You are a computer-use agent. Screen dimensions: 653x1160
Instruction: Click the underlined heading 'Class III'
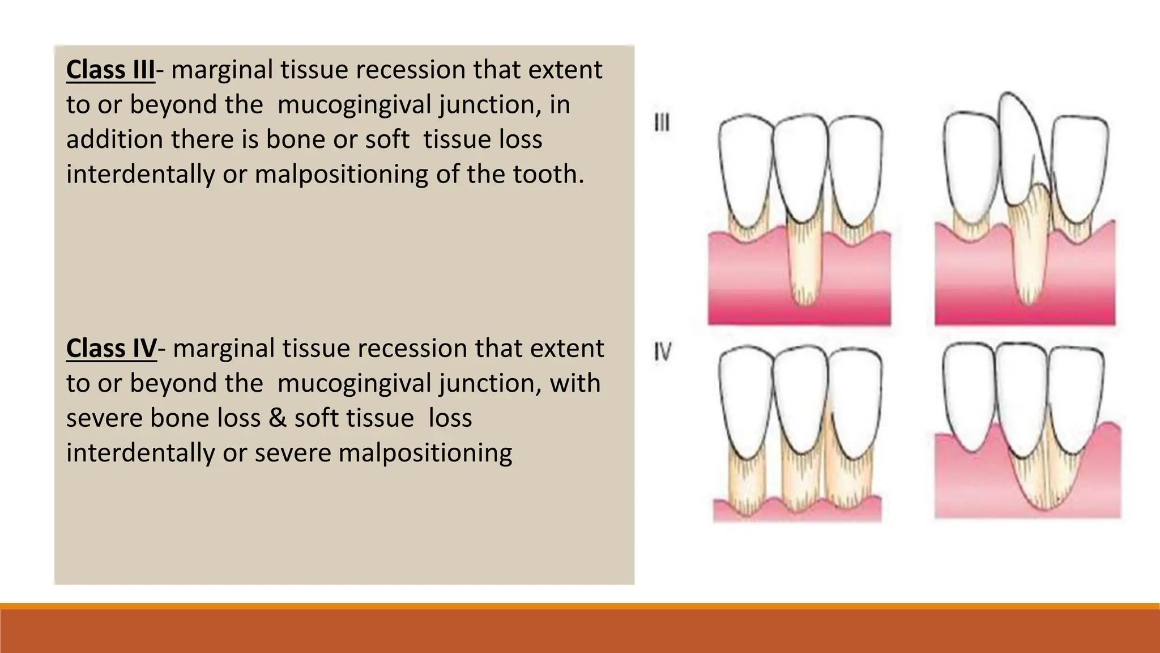click(x=110, y=70)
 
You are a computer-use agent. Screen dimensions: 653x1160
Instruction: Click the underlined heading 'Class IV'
click(x=111, y=349)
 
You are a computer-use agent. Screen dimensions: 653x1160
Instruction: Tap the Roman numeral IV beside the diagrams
click(x=663, y=353)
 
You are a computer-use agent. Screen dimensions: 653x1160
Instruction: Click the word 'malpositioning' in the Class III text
click(x=342, y=175)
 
